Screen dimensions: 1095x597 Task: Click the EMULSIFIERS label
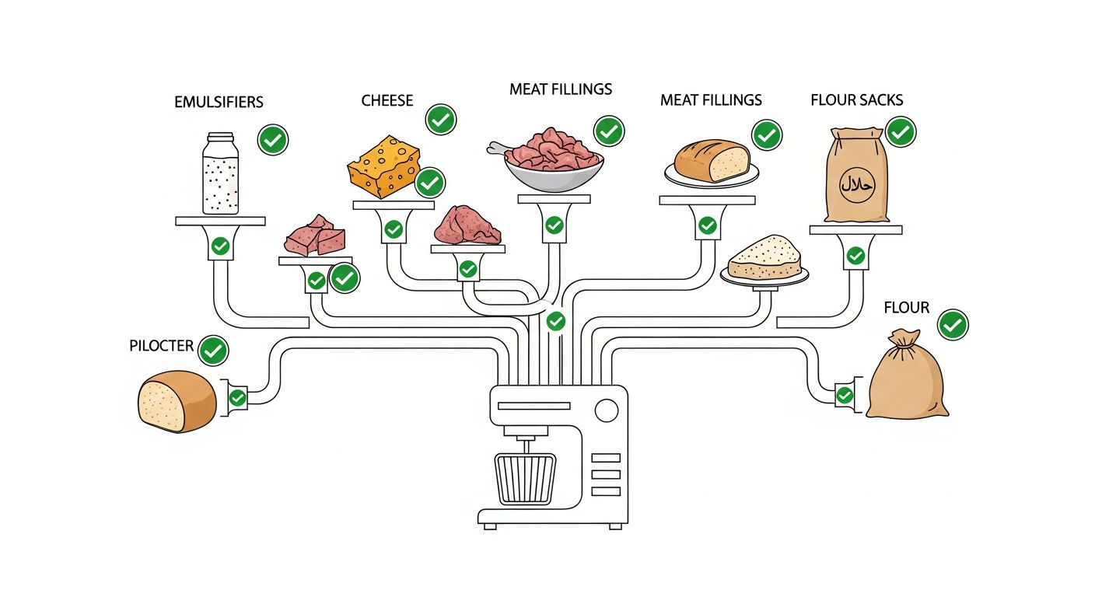tap(219, 102)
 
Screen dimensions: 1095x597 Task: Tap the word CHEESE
tap(387, 100)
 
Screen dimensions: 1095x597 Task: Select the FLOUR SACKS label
tap(856, 100)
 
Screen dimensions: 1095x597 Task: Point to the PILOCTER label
tap(161, 346)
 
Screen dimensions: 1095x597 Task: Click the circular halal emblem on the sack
tap(857, 185)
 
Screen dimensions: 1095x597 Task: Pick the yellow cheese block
tap(383, 166)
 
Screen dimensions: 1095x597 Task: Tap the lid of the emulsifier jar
tap(220, 138)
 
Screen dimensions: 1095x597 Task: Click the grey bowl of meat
tap(554, 174)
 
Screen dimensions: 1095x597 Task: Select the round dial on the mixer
tap(607, 410)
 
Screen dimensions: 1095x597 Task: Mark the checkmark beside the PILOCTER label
tap(213, 351)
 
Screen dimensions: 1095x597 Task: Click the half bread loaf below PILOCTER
tap(177, 401)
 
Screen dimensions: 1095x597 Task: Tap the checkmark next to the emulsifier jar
tap(273, 140)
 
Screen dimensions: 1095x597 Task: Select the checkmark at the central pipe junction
tap(556, 322)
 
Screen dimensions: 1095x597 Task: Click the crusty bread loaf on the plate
tap(712, 161)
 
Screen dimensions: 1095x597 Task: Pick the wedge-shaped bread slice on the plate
tap(764, 257)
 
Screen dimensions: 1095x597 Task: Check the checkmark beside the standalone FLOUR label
tap(953, 325)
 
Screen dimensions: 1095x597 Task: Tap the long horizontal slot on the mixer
tap(534, 406)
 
